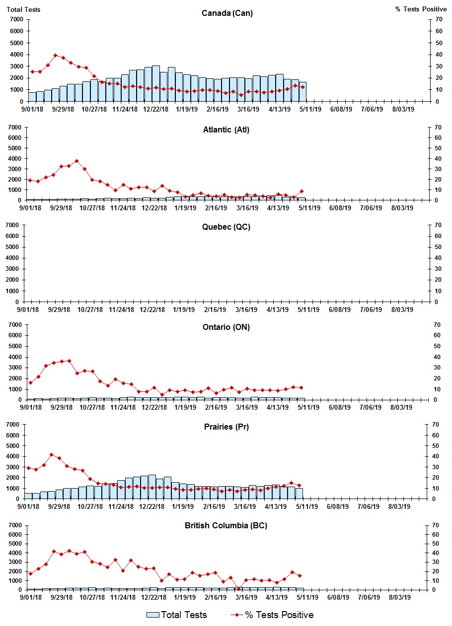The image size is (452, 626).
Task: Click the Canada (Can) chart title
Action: click(227, 13)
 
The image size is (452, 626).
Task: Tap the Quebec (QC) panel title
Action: click(226, 227)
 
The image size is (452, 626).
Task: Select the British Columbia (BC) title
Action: click(226, 525)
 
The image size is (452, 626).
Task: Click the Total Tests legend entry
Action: click(177, 615)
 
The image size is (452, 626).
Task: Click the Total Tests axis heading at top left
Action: click(23, 9)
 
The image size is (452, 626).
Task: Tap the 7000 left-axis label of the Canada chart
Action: click(16, 19)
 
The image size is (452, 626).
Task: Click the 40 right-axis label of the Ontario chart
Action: click(438, 357)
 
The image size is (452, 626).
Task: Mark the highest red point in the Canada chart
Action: click(56, 55)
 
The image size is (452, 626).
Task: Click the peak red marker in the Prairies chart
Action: click(52, 454)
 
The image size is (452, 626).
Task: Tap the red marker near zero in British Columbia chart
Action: click(239, 589)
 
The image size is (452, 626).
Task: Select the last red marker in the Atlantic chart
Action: click(301, 191)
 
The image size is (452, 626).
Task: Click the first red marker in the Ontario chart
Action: click(31, 382)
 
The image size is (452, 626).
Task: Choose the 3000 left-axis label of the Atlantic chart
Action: click(16, 169)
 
